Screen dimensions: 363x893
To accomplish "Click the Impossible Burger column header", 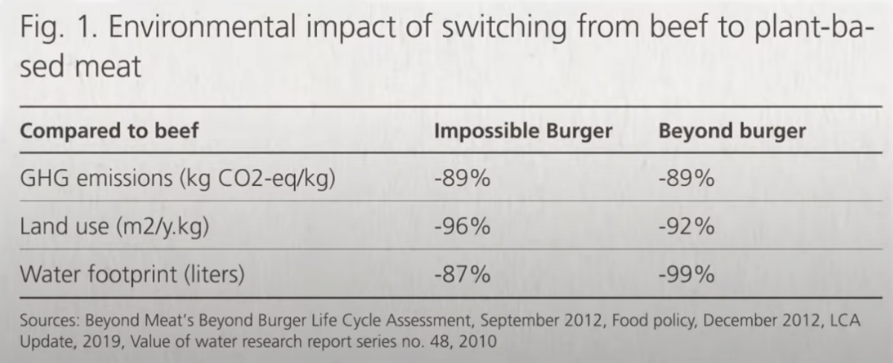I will point(522,132).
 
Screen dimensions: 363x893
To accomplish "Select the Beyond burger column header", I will point(732,132).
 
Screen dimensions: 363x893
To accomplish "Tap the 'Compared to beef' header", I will point(109,132).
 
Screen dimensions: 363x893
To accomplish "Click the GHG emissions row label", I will point(176,180).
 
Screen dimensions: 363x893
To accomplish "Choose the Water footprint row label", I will point(132,274).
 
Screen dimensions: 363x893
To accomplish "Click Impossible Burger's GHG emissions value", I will point(461,180).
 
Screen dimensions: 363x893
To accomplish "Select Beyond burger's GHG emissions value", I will point(686,180).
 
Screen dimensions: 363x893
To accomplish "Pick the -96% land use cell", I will point(461,227).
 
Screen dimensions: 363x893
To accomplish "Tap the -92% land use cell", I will point(686,227).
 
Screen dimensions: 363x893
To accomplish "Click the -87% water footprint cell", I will point(461,274).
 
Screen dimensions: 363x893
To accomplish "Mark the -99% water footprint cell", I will point(686,274).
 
